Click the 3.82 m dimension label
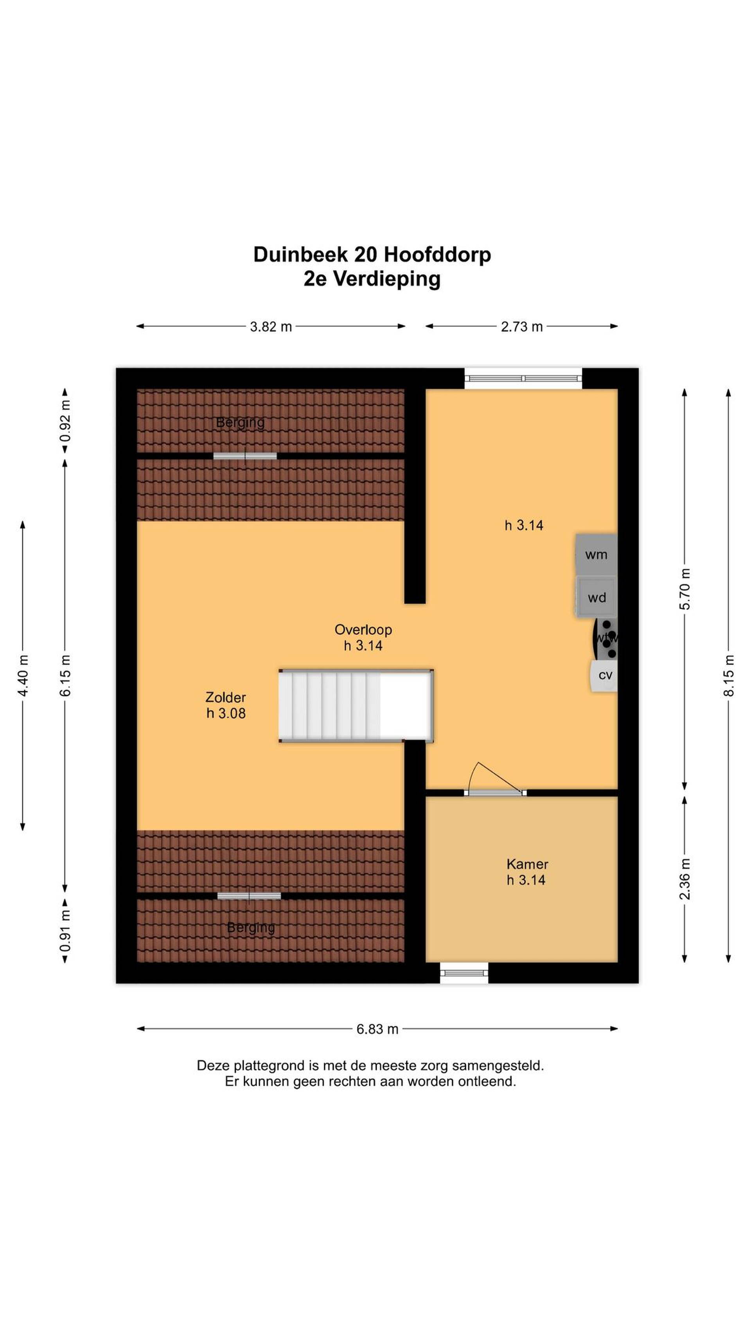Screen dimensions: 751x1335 click(271, 327)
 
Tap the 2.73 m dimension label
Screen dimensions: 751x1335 click(521, 327)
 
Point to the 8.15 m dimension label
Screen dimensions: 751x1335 click(729, 675)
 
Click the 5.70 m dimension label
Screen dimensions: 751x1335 click(685, 589)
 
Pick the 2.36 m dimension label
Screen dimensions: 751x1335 click(685, 879)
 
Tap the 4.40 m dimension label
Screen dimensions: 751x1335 click(23, 675)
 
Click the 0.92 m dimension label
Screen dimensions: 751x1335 click(65, 421)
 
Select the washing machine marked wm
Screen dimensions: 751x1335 click(596, 555)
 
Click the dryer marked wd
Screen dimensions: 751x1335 click(596, 597)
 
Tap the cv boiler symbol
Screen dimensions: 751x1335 click(604, 675)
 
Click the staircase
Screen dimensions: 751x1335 click(356, 705)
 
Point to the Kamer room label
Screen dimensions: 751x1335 click(527, 864)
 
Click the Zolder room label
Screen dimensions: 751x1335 click(225, 697)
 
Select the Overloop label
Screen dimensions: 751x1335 click(363, 630)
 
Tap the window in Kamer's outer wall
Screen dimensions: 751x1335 click(464, 973)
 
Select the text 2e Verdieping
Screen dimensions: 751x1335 click(372, 279)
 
